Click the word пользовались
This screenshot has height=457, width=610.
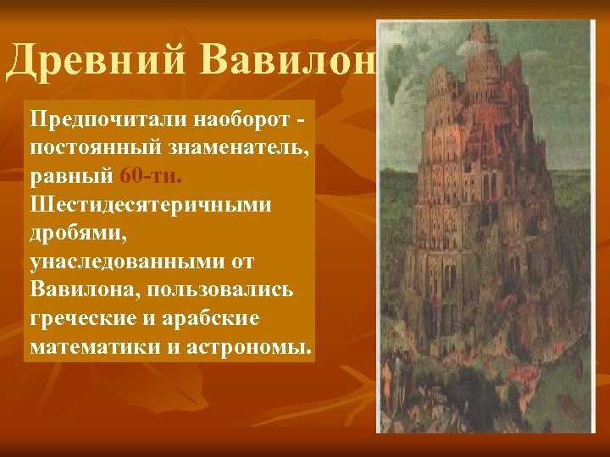click(220, 289)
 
